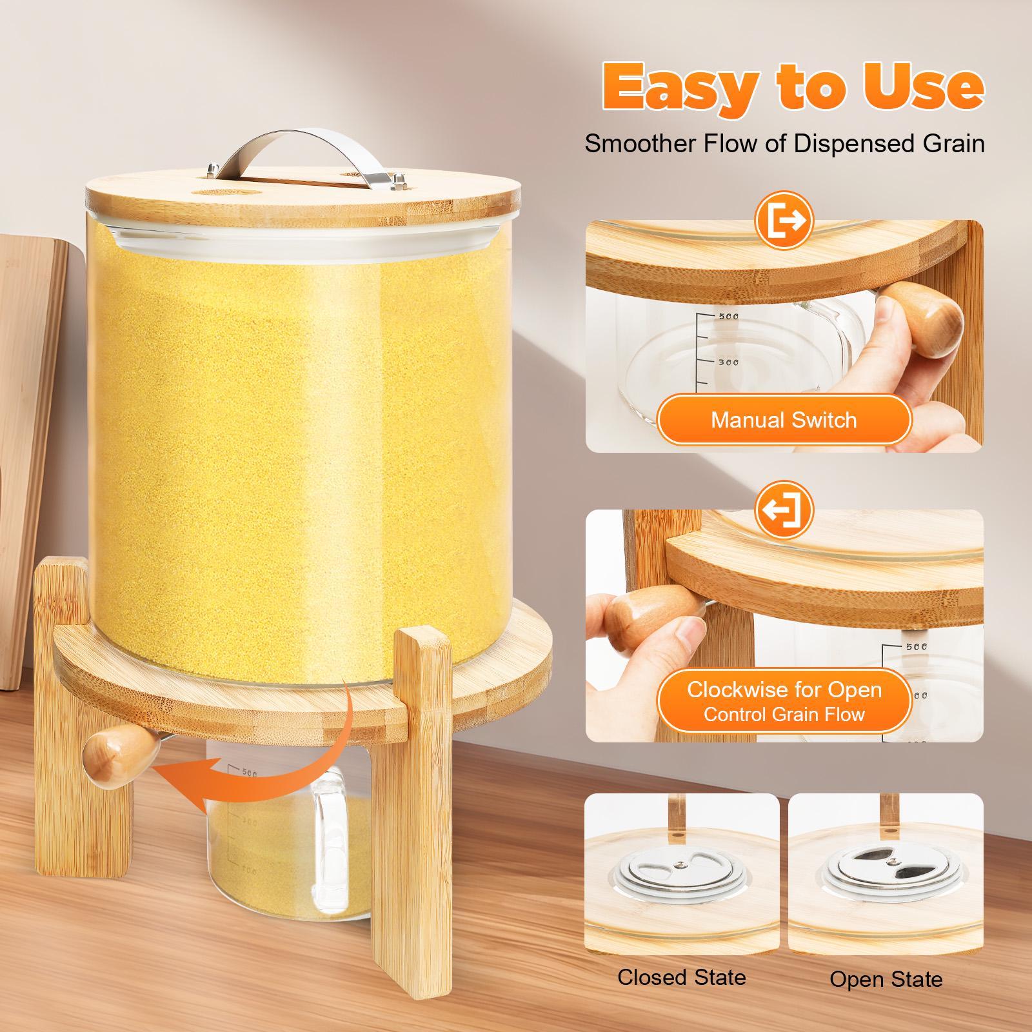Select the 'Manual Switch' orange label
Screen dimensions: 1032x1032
pyautogui.click(x=784, y=420)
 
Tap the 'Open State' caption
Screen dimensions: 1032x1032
pyautogui.click(x=886, y=979)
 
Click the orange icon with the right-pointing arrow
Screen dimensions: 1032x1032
pyautogui.click(x=784, y=221)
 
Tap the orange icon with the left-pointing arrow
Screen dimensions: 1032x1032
pyautogui.click(x=784, y=510)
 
